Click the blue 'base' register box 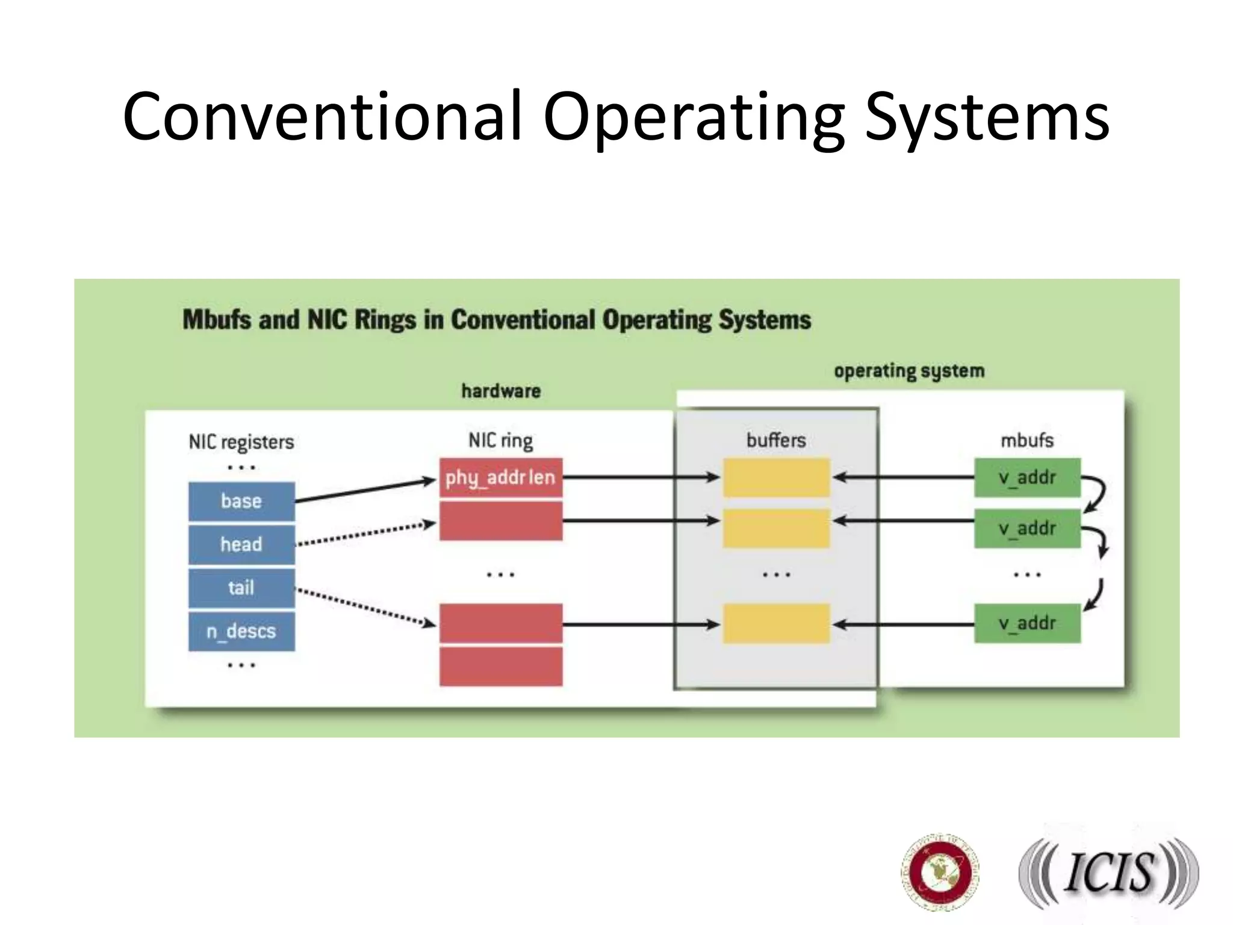click(x=241, y=501)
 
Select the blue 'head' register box click(x=241, y=544)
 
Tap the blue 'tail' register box click(x=241, y=588)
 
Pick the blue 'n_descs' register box click(x=241, y=631)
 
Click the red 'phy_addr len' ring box click(x=500, y=478)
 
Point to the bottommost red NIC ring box click(x=500, y=667)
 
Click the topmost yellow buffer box click(x=776, y=478)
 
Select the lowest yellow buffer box click(x=776, y=624)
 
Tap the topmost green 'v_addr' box click(x=1027, y=478)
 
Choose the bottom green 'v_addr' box click(x=1027, y=623)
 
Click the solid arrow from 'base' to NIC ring click(x=365, y=491)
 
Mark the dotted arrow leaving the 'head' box click(x=365, y=534)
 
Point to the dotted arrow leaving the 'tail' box click(x=365, y=607)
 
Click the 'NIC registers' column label click(x=241, y=442)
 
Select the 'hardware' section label click(x=501, y=391)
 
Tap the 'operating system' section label click(x=909, y=371)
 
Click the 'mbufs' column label click(x=1027, y=440)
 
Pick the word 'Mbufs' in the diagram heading click(x=217, y=320)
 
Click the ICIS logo click(x=1108, y=873)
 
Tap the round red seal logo click(x=940, y=872)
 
